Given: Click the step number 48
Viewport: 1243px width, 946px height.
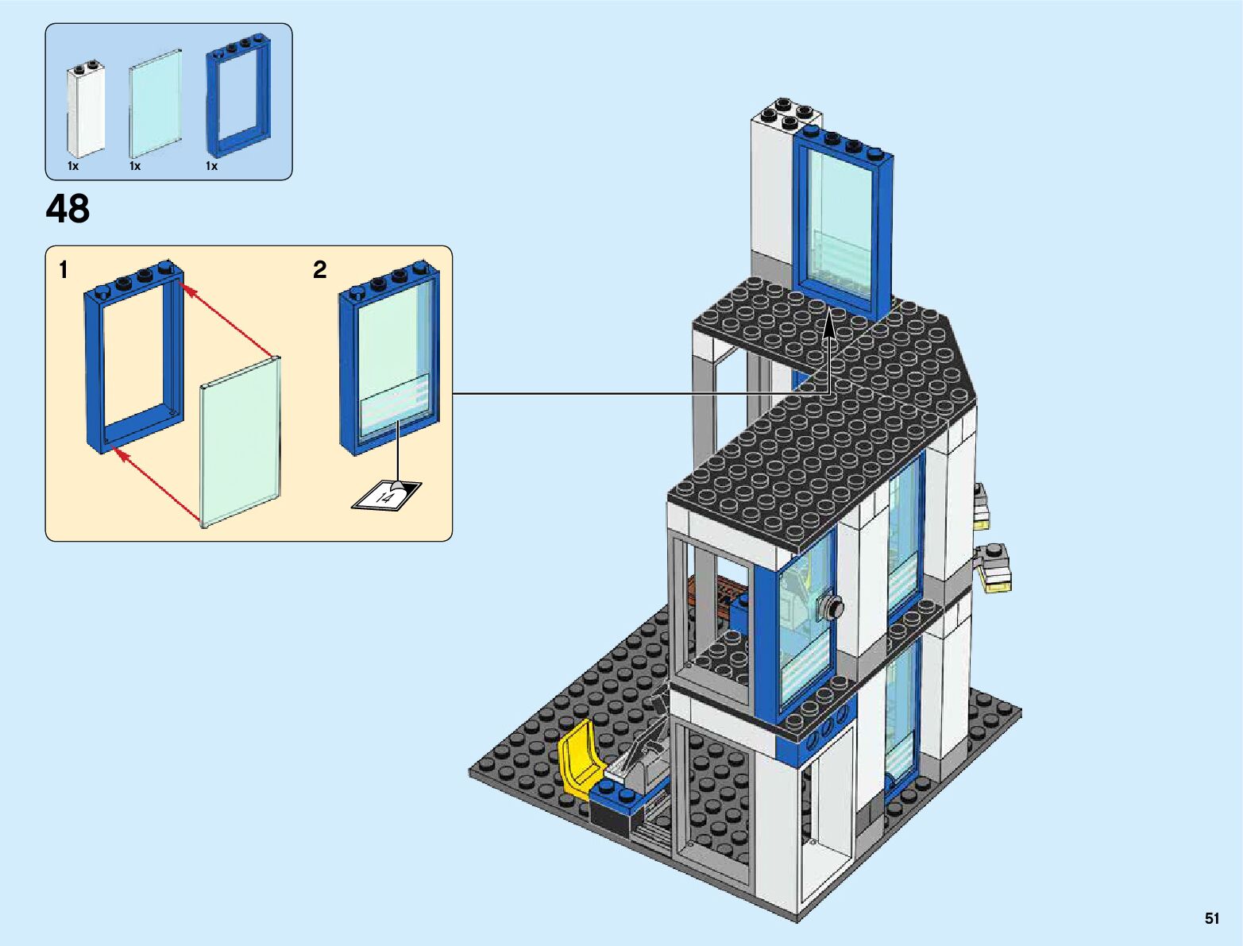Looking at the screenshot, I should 68,210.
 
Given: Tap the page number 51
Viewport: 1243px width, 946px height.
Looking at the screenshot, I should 1211,918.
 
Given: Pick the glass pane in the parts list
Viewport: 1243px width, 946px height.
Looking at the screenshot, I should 155,104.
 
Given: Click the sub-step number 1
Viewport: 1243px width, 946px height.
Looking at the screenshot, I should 64,271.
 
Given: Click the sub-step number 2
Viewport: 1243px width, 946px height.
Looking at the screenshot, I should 320,270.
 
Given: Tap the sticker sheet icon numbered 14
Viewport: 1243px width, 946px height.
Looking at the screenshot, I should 388,496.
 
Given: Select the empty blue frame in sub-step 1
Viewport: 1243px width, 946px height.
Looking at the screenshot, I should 133,357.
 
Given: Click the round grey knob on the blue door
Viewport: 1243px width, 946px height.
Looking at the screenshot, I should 833,609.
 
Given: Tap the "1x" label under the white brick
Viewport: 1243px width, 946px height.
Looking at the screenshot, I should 73,166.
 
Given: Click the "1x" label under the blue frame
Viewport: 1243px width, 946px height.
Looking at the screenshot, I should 211,166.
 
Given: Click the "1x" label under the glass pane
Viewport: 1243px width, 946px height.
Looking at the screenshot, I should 135,166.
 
